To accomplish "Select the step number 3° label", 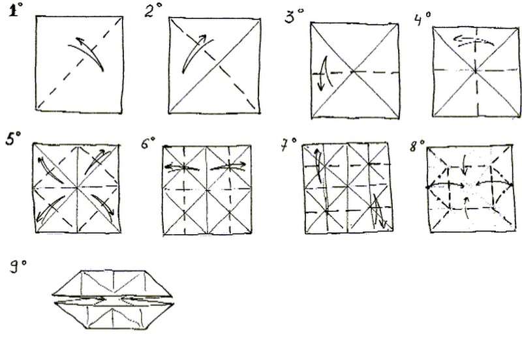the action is tap(294, 16).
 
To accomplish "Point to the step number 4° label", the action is tap(422, 19).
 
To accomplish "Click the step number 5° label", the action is tap(13, 138).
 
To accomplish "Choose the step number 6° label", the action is tap(148, 143).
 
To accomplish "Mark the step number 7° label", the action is tap(288, 144).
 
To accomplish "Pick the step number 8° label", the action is tap(417, 145).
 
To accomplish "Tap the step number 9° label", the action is tap(18, 267).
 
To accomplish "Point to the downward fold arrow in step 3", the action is tap(324, 73).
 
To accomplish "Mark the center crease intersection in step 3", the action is tap(354, 71).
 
